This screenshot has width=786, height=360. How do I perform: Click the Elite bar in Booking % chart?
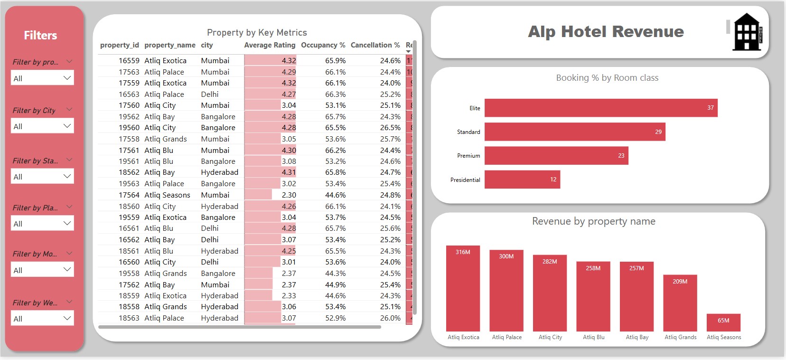click(600, 108)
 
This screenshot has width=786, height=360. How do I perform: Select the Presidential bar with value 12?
click(522, 180)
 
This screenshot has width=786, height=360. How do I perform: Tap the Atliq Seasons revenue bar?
click(723, 322)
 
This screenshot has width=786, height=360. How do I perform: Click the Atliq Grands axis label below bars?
click(680, 337)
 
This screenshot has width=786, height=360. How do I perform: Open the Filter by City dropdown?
click(42, 126)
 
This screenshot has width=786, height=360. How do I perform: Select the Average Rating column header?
click(270, 45)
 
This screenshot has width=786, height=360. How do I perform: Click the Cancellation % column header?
click(375, 45)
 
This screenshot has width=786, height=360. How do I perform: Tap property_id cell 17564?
click(129, 195)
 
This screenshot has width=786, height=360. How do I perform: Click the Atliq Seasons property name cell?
click(167, 195)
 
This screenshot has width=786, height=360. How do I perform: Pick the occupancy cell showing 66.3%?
click(335, 95)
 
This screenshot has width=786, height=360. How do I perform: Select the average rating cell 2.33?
click(289, 296)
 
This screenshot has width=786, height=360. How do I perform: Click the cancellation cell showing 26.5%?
click(390, 128)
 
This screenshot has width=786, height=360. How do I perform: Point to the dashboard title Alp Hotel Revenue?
click(606, 32)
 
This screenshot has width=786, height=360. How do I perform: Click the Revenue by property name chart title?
click(593, 221)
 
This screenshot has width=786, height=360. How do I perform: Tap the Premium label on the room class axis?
click(468, 156)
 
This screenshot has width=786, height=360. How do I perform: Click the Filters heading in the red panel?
click(40, 36)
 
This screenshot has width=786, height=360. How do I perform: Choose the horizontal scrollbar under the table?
click(240, 327)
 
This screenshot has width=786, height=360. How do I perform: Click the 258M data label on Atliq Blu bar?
click(593, 268)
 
